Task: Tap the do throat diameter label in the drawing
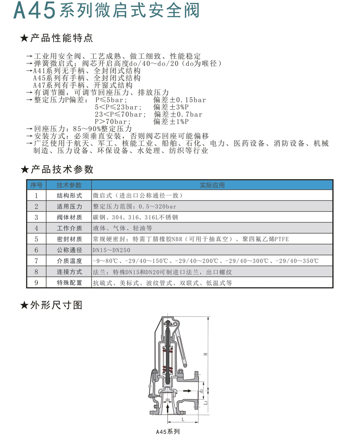pyautogui.click(x=168, y=400)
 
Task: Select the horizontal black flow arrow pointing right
pyautogui.click(x=186, y=390)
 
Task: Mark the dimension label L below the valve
pyautogui.click(x=183, y=419)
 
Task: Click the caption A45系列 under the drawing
pyautogui.click(x=168, y=432)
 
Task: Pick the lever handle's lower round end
pyautogui.click(x=186, y=365)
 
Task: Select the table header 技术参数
pyautogui.click(x=69, y=185)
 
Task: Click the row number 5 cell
pyautogui.click(x=36, y=239)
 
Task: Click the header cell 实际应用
pyautogui.click(x=212, y=185)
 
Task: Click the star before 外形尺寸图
pyautogui.click(x=24, y=306)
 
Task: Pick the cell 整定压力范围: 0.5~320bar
pyautogui.click(x=134, y=207)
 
